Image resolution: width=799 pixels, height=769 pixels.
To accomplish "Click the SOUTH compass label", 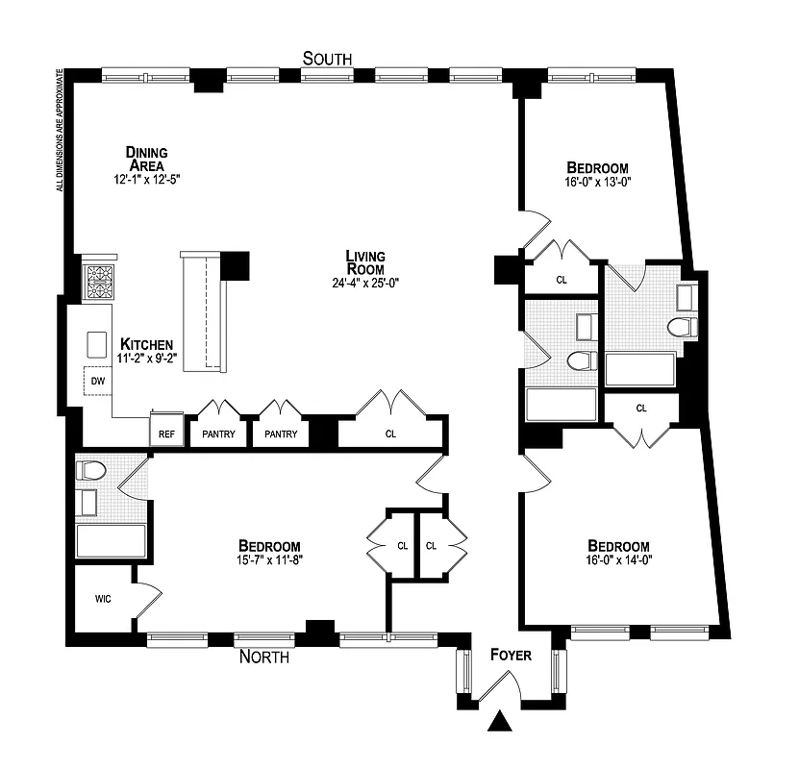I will pos(327,59).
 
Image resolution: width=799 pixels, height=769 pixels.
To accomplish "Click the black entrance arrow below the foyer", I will pos(499,721).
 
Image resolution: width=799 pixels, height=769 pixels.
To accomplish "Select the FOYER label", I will pos(511,656).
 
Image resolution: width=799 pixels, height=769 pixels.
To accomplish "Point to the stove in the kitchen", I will pos(99,284).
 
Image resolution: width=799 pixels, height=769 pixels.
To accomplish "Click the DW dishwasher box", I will pos(97,381).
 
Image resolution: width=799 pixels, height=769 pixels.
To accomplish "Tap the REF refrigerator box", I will pos(166,434).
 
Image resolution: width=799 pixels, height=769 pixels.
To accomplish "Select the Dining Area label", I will pos(146,159).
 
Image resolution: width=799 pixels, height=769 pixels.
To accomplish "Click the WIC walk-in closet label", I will pos(103,599).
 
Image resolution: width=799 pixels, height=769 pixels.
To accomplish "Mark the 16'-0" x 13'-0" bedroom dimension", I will pos(597,180).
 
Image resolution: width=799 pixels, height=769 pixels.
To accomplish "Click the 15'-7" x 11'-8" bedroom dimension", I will pos(270,558).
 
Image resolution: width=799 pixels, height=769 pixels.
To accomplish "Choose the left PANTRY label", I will pos(218,434).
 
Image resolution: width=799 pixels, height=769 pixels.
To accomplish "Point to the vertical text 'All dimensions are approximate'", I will pos(60,129).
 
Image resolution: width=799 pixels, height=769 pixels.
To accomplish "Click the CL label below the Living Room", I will pos(390,434).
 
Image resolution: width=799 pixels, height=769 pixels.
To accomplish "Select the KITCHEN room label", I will pos(146,344).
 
